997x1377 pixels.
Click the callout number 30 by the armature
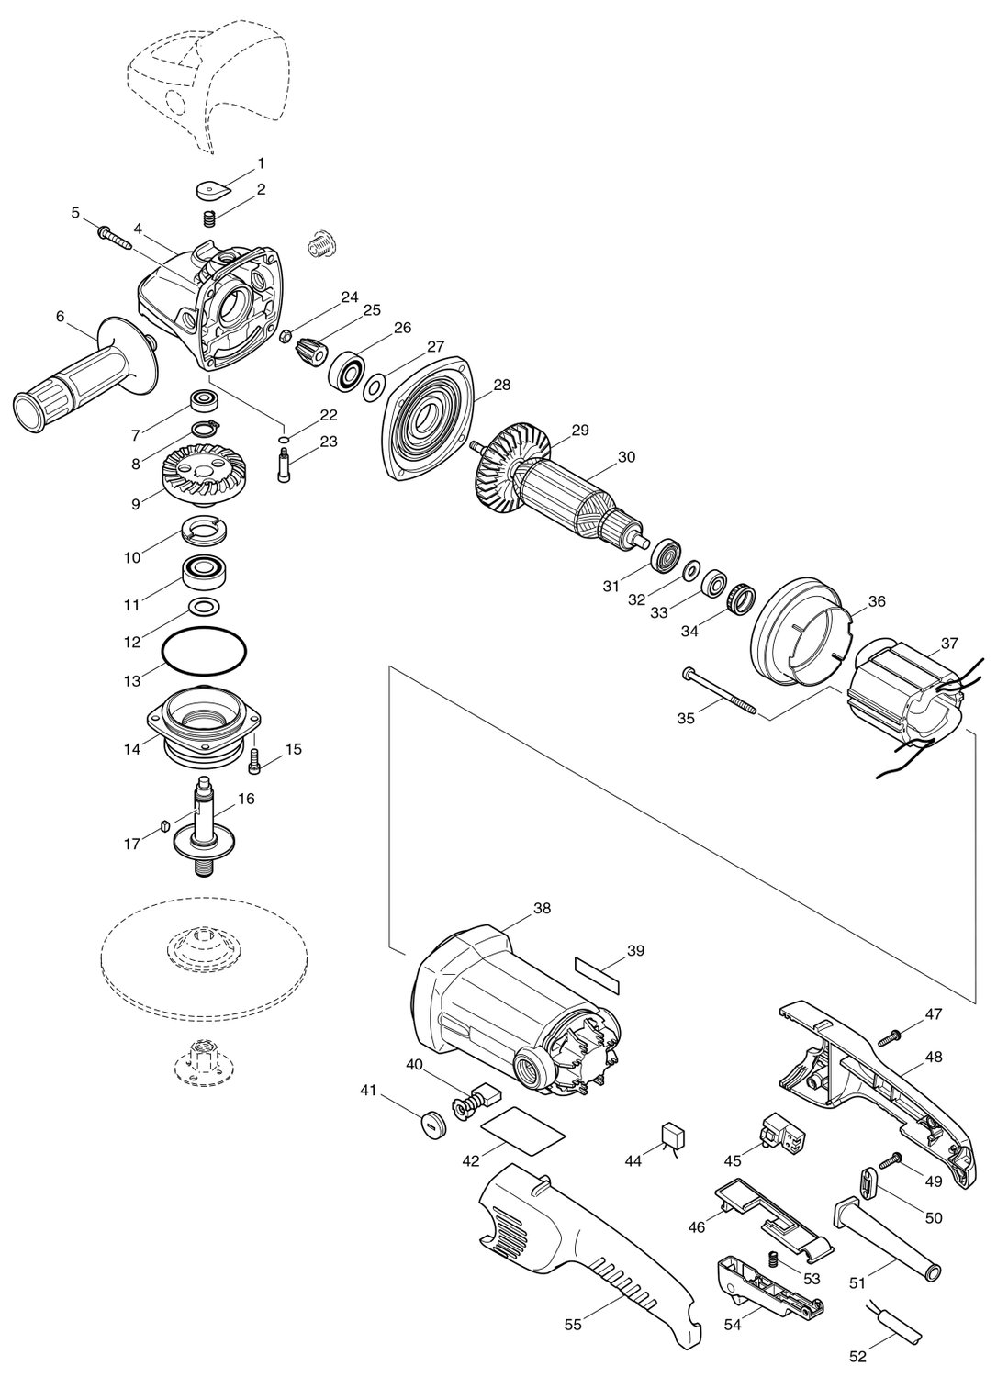(x=626, y=457)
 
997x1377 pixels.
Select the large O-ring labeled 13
(x=204, y=650)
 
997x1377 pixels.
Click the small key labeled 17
(x=164, y=824)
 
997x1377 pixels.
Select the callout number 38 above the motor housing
(x=543, y=908)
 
